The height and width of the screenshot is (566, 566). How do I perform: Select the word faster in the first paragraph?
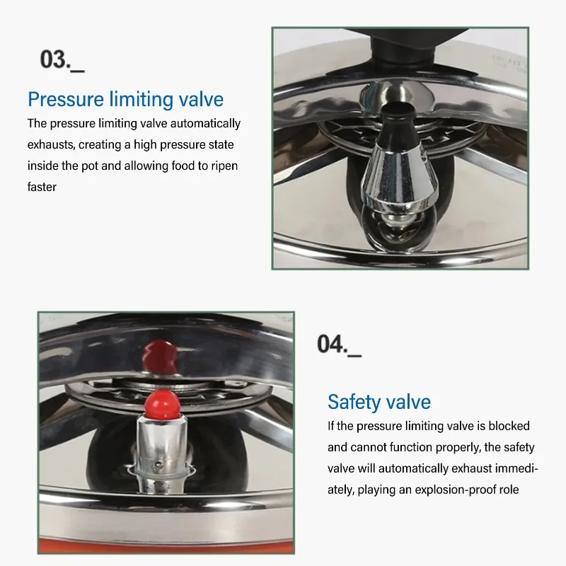(x=42, y=187)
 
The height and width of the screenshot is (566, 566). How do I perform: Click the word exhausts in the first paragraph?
(x=51, y=144)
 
